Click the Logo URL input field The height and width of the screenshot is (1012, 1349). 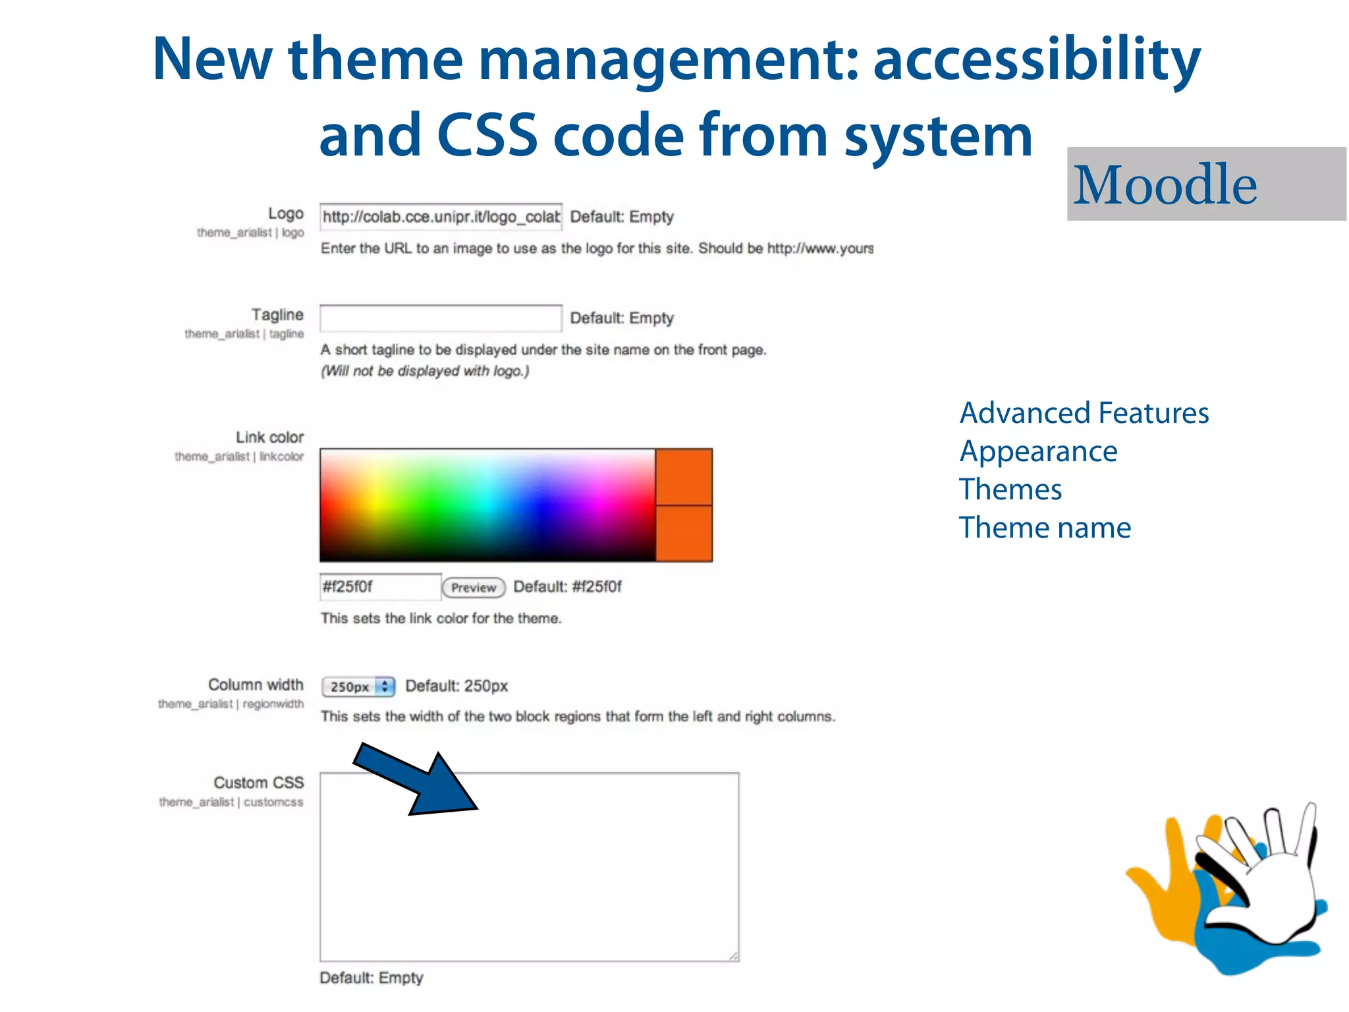point(440,217)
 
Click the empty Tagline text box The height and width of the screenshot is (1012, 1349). point(440,318)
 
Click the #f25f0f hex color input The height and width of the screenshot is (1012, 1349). point(379,586)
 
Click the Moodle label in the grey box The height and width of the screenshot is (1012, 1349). point(1165,184)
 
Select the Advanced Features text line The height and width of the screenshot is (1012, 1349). point(1084,413)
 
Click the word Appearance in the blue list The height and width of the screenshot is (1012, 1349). point(1038,451)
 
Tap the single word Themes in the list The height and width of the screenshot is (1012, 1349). point(1010,490)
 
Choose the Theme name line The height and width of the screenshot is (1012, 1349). point(1045,528)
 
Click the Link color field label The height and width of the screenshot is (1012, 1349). point(269,437)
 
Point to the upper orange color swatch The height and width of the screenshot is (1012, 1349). point(684,476)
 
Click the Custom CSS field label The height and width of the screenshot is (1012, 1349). point(258,783)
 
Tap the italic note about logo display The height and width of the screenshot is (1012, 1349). point(425,371)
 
